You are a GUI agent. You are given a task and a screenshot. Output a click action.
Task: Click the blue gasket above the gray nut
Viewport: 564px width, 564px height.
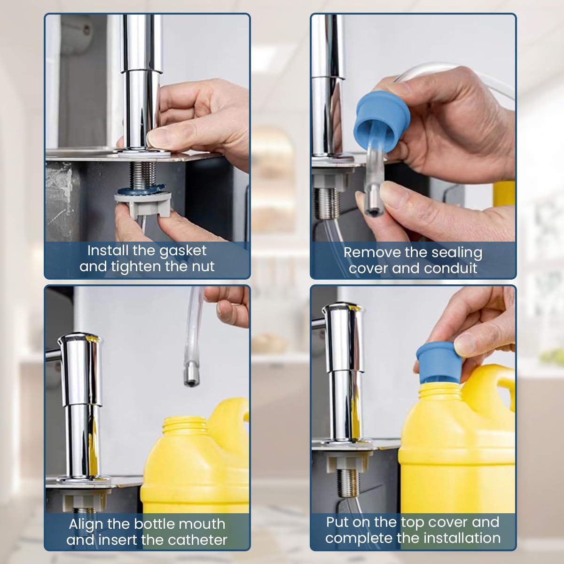pyautogui.click(x=142, y=190)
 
